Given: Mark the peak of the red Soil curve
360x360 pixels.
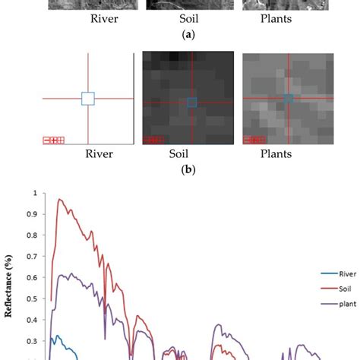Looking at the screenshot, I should click(58, 199).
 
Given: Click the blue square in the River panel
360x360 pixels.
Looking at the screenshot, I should click(88, 99).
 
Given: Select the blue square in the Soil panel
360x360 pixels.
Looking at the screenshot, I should click(192, 102).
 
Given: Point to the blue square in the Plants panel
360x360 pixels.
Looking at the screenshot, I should click(288, 98).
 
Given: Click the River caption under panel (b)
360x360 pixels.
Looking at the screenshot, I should click(99, 154).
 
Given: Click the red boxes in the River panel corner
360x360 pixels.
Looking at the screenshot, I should click(54, 140).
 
